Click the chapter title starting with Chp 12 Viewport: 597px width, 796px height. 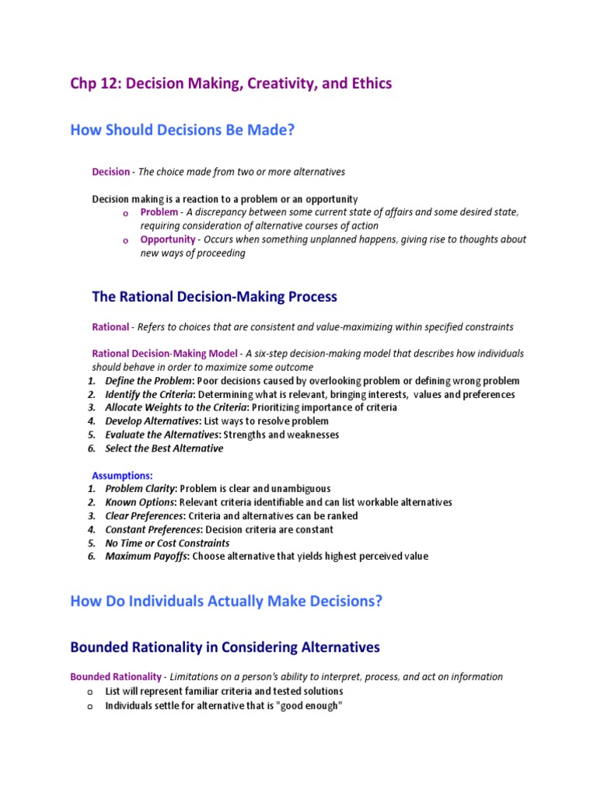tap(231, 83)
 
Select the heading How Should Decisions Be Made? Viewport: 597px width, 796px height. tap(183, 130)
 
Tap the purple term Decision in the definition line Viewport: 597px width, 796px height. tap(111, 172)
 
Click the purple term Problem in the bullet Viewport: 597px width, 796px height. tap(159, 212)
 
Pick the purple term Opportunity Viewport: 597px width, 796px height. tap(167, 239)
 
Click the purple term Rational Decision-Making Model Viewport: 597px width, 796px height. tap(165, 353)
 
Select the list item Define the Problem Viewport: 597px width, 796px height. tap(148, 381)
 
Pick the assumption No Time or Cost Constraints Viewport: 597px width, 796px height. tap(167, 543)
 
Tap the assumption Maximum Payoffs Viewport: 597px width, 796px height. tap(146, 557)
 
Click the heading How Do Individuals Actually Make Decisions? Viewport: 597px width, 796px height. tap(226, 601)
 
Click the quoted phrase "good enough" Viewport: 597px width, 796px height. tap(309, 706)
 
